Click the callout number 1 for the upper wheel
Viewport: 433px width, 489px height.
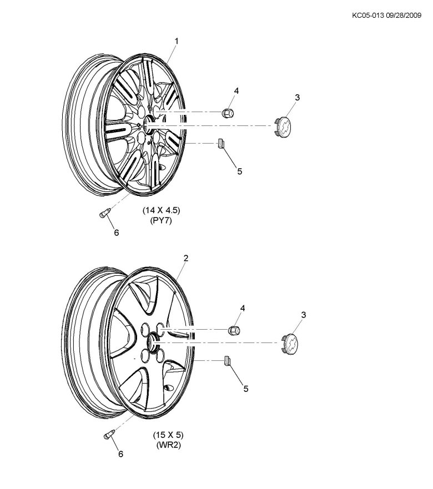[177, 41]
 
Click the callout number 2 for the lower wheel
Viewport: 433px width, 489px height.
[185, 258]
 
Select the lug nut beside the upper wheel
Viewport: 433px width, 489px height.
[228, 112]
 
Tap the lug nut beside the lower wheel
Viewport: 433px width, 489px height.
[234, 330]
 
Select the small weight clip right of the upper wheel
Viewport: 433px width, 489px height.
[221, 144]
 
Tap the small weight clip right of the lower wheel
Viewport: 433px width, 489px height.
[227, 361]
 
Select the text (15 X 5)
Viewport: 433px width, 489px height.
[169, 435]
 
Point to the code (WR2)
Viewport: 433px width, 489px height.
[168, 445]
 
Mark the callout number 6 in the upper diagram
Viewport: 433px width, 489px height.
[117, 233]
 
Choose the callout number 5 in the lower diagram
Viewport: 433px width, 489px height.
[246, 389]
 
